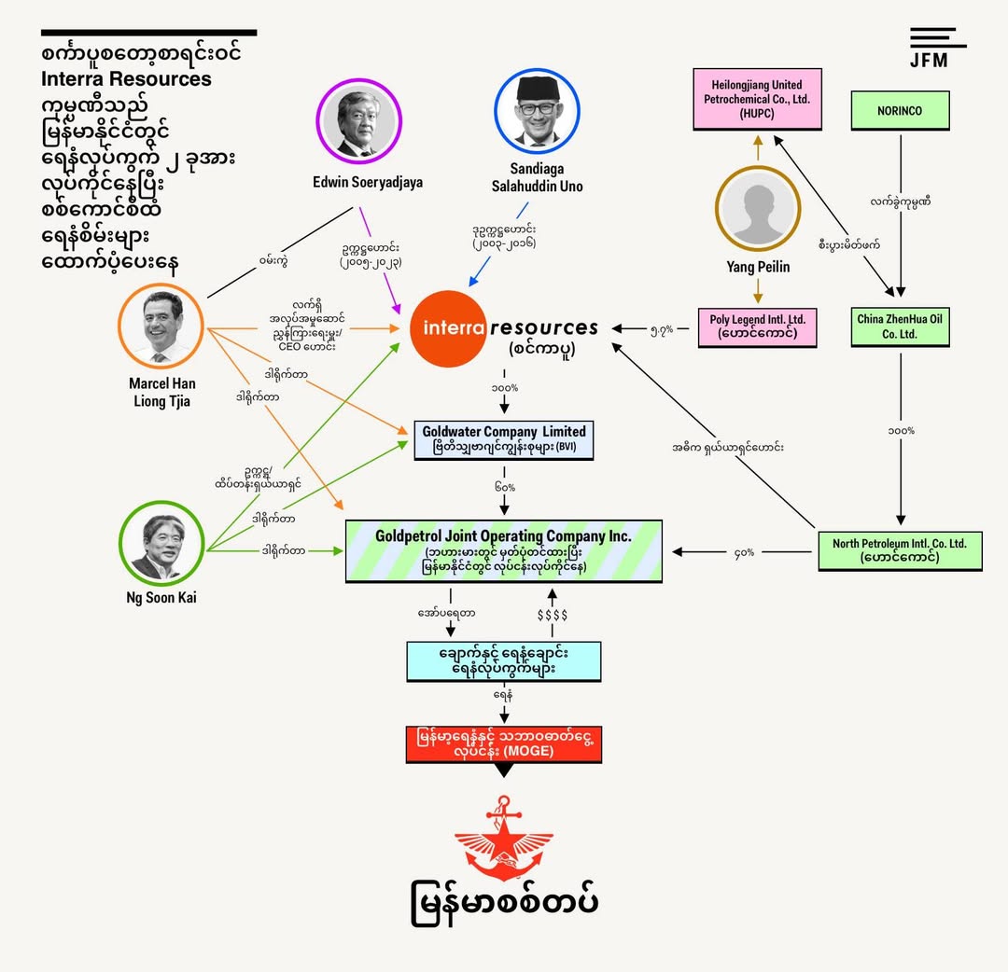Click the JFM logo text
click(x=929, y=61)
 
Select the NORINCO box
click(x=900, y=110)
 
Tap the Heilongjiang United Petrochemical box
click(x=757, y=99)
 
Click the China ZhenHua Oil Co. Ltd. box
click(x=900, y=327)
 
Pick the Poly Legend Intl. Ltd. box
click(x=757, y=327)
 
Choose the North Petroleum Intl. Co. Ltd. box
click(x=900, y=550)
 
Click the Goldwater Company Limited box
click(x=504, y=440)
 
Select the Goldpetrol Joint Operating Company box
click(x=504, y=551)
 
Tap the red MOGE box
click(x=504, y=744)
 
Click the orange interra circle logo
click(x=448, y=328)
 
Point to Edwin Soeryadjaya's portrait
click(x=358, y=120)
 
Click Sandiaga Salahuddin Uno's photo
click(x=537, y=111)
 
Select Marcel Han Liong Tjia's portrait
click(x=161, y=326)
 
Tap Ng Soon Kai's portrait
click(x=161, y=543)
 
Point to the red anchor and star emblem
click(x=504, y=838)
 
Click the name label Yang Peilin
click(x=758, y=267)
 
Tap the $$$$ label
click(x=553, y=615)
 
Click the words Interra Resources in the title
click(x=126, y=79)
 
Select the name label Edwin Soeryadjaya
click(x=368, y=183)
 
